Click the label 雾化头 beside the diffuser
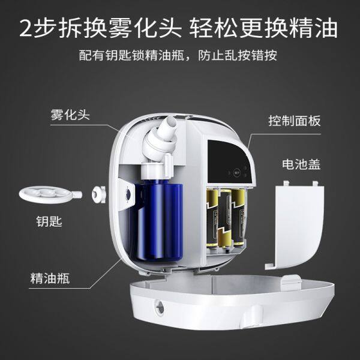point(70,115)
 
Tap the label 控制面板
point(295,121)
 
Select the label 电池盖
point(301,164)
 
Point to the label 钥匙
point(49,221)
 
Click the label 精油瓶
point(50,278)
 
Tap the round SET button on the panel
point(236,173)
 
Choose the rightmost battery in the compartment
point(239,217)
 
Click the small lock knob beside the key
point(99,194)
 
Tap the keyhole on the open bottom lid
point(160,307)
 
